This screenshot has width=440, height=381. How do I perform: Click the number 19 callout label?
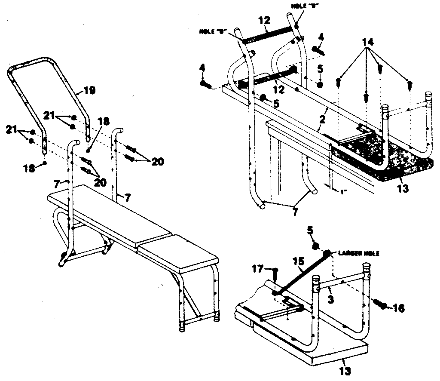(x=89, y=90)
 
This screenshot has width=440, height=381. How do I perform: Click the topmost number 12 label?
(x=265, y=20)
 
